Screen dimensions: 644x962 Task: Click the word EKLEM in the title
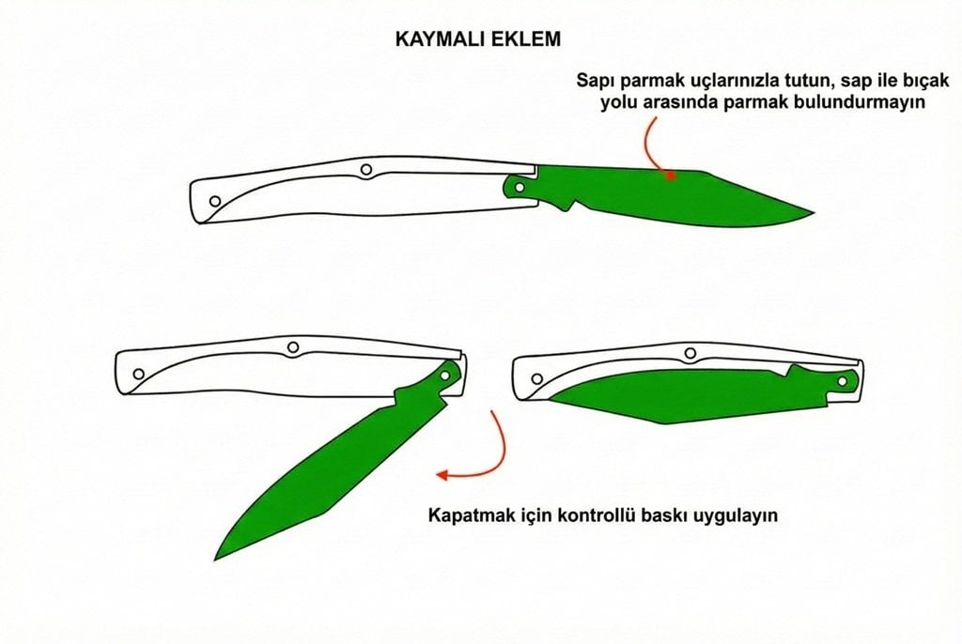(530, 41)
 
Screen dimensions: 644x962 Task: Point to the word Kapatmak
(467, 515)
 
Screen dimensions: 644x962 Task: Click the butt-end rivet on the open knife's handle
(215, 201)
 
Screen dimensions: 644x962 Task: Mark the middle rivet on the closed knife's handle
(691, 353)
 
